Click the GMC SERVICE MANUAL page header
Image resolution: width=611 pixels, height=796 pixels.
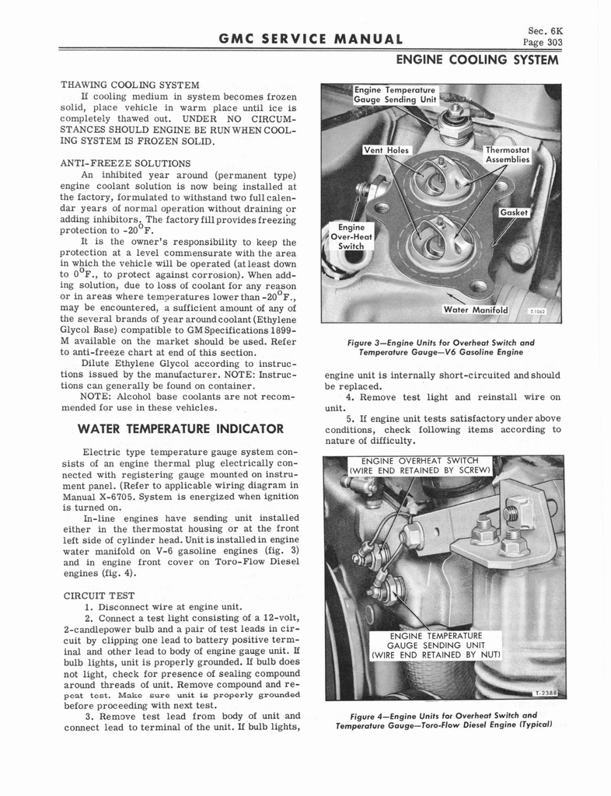tap(305, 39)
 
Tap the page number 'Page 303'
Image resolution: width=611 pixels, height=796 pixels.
tap(543, 43)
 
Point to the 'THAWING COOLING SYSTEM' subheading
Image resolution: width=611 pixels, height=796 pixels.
tap(131, 84)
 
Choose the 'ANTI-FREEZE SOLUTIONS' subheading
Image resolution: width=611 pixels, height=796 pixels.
tap(126, 163)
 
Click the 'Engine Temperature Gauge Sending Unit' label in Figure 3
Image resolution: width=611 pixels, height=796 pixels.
tap(394, 95)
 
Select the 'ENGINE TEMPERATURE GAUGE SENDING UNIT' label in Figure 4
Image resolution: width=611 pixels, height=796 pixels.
tap(436, 644)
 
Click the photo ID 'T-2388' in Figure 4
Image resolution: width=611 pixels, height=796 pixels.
tap(547, 693)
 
